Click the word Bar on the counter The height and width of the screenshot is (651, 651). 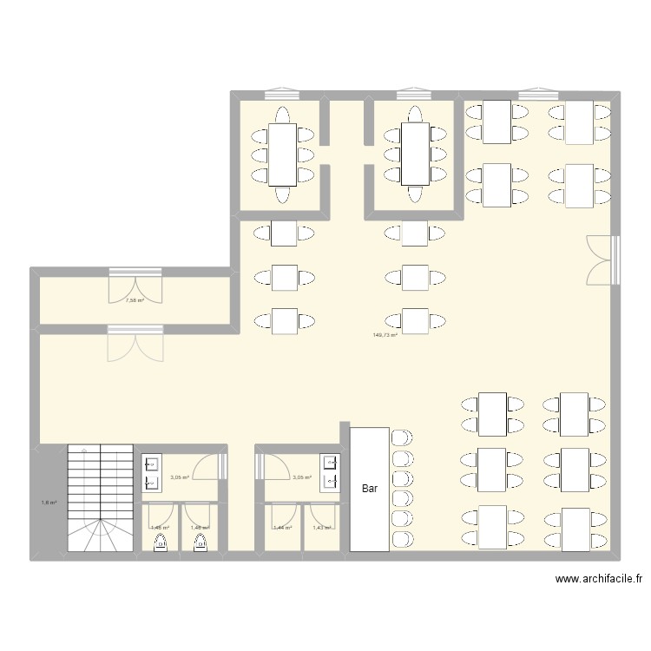[x=370, y=489]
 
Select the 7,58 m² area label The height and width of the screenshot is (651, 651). [x=134, y=300]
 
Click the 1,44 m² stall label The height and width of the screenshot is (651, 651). [x=282, y=528]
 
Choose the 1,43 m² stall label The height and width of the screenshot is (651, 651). [x=321, y=528]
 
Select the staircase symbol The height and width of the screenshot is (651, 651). [x=100, y=498]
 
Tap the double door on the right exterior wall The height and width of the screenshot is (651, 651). [x=602, y=260]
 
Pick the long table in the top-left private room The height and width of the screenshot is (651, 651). [x=283, y=155]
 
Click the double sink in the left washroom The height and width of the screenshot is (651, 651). [x=150, y=472]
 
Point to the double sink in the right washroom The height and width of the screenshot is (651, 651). [x=330, y=472]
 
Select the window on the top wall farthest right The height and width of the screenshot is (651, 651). [x=539, y=92]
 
